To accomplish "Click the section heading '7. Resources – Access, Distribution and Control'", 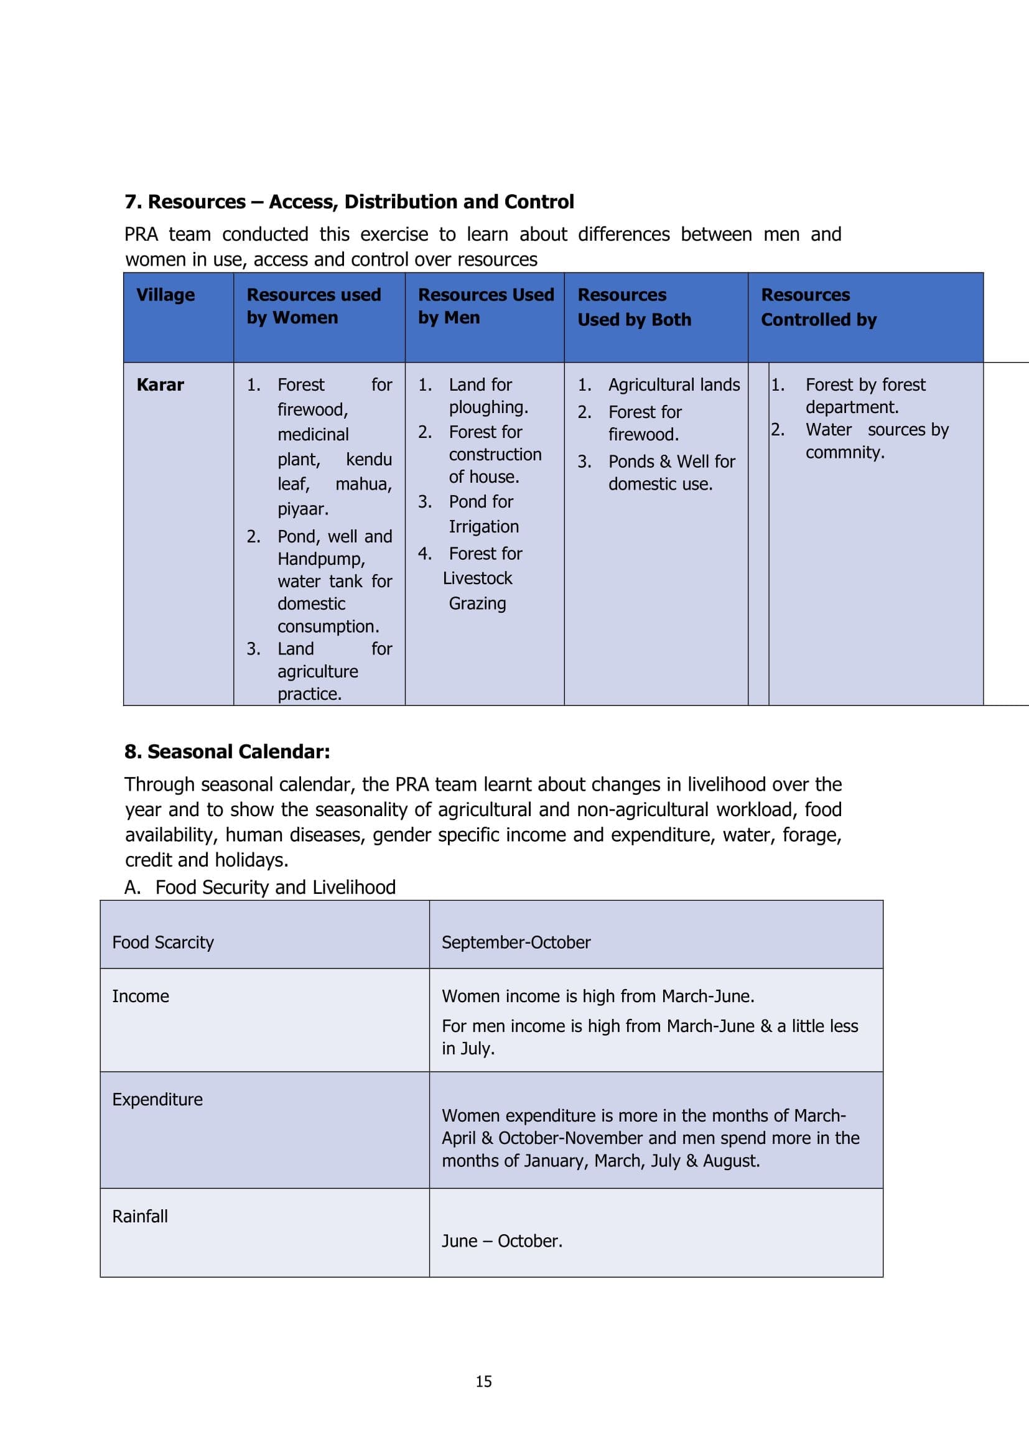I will [349, 202].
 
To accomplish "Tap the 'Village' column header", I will [165, 295].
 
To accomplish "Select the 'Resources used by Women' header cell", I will [314, 306].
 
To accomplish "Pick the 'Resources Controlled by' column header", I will [819, 307].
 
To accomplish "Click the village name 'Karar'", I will [161, 384].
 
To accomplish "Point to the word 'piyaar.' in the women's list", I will [303, 509].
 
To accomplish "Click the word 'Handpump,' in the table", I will [321, 559].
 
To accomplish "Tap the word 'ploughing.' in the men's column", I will [488, 407].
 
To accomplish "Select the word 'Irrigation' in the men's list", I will [483, 527].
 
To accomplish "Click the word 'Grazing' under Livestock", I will [477, 603].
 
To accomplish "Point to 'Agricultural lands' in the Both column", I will [674, 384].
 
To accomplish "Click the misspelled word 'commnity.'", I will [845, 452].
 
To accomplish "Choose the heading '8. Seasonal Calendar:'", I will [227, 751].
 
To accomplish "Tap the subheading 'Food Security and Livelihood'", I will [275, 887].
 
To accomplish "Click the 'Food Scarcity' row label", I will [163, 942].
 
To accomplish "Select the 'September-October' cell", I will [516, 942].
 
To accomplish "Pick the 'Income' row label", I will [141, 996].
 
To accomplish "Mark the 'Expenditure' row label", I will [157, 1099].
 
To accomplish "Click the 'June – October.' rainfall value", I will [502, 1241].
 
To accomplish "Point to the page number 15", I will [483, 1382].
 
